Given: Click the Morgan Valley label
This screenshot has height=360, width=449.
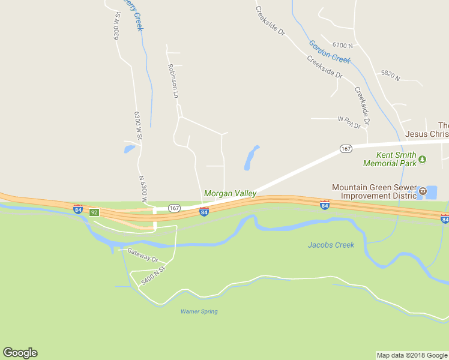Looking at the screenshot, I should [230, 193].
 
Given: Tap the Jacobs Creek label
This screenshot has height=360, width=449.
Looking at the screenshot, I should [331, 245].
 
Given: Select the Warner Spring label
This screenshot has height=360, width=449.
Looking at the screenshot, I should [199, 311].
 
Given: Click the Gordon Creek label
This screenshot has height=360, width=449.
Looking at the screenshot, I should [330, 51].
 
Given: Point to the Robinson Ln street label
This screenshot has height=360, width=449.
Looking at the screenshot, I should [173, 81].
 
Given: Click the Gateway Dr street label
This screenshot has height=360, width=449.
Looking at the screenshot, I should [142, 255].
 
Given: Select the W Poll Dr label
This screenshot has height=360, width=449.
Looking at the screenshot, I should [348, 122].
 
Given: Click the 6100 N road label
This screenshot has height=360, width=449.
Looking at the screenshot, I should [342, 45].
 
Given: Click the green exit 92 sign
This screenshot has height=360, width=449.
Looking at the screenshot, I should [94, 212].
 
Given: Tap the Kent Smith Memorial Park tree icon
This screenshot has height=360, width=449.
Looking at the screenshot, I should [423, 160].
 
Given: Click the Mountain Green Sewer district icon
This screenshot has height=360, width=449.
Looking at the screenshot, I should [423, 191].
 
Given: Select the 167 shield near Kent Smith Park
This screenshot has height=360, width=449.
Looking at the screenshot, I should [345, 148].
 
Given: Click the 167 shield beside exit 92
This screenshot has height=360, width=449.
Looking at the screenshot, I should [174, 208].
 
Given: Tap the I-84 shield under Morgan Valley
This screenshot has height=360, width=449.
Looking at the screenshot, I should [204, 212].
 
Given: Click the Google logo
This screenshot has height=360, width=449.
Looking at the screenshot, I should [20, 353].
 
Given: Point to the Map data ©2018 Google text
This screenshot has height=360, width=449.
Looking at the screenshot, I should [411, 355].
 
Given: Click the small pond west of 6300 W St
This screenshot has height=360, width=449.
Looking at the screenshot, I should [129, 148].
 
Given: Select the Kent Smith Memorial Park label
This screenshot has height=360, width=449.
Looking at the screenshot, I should [391, 159].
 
